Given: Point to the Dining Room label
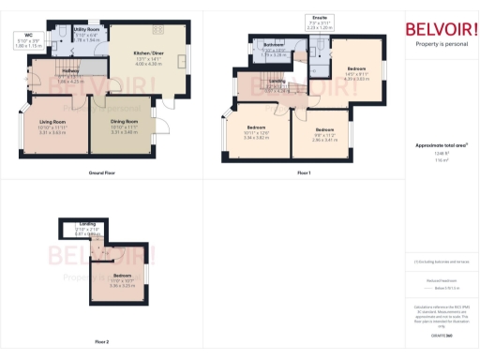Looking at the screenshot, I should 124,127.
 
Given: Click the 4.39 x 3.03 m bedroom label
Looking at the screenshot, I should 356,74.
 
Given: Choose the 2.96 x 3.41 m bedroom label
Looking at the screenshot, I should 324,135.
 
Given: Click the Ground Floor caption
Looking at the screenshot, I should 102,174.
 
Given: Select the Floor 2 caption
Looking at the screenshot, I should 101,341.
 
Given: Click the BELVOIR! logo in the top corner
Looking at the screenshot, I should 441,29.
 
